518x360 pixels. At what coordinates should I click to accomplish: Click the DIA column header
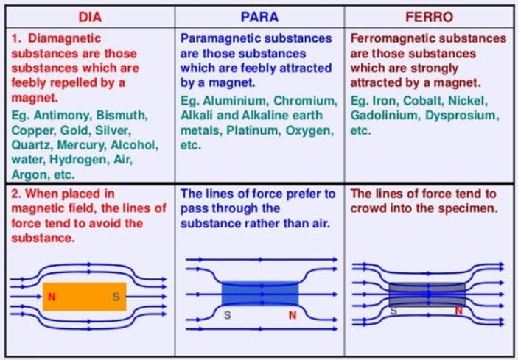click(x=90, y=17)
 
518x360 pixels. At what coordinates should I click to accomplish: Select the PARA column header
click(x=259, y=17)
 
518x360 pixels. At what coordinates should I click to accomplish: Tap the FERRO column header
click(x=429, y=17)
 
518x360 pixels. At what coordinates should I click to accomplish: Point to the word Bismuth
click(x=122, y=116)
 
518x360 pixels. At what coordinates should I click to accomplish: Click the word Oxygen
click(x=309, y=130)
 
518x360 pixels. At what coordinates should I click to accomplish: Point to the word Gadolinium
click(x=385, y=116)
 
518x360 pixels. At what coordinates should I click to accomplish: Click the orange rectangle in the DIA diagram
click(x=85, y=297)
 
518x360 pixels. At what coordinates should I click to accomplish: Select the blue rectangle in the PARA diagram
click(x=260, y=293)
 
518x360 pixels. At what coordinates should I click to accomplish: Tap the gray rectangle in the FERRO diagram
click(x=427, y=294)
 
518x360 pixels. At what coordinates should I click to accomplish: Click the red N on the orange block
click(x=52, y=297)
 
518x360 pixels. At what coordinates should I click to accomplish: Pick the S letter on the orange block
click(x=116, y=297)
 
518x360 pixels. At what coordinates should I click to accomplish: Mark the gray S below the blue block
click(x=227, y=315)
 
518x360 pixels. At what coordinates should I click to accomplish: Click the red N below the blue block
click(x=293, y=315)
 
